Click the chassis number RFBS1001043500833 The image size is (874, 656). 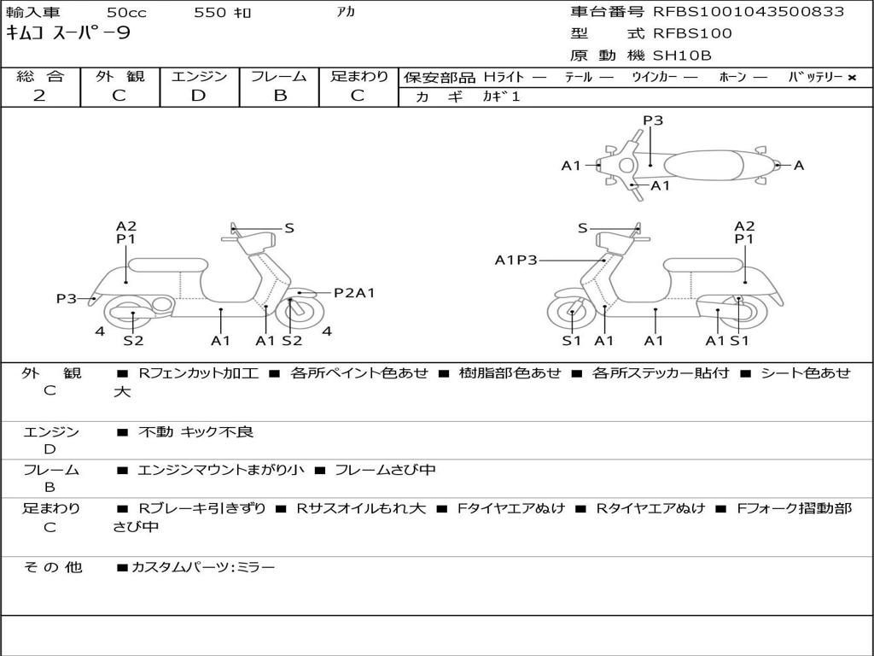pyautogui.click(x=749, y=12)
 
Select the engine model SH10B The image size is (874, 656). pyautogui.click(x=681, y=56)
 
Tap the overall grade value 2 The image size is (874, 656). pyautogui.click(x=39, y=96)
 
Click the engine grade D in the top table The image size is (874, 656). pyautogui.click(x=198, y=96)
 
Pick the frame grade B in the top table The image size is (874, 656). pyautogui.click(x=279, y=96)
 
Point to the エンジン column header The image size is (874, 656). pyautogui.click(x=200, y=76)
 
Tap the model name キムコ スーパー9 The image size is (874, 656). pyautogui.click(x=68, y=34)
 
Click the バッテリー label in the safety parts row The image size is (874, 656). pyautogui.click(x=816, y=77)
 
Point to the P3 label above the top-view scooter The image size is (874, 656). pyautogui.click(x=653, y=120)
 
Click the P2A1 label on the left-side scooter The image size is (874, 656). pyautogui.click(x=353, y=293)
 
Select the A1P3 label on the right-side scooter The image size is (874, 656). pyautogui.click(x=516, y=260)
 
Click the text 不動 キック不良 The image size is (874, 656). pyautogui.click(x=195, y=432)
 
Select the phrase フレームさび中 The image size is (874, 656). pyautogui.click(x=385, y=470)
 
